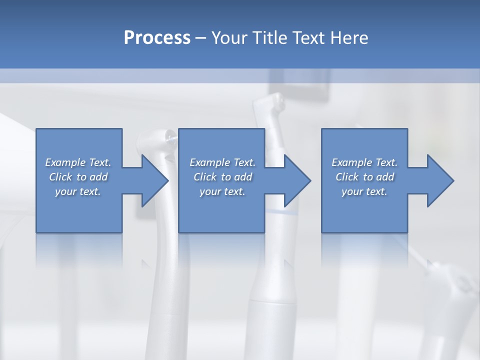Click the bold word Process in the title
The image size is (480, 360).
[157, 38]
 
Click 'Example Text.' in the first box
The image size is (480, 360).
[78, 162]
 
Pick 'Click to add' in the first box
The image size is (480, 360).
[78, 177]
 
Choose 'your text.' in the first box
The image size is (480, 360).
[78, 191]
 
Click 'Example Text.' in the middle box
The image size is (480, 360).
[222, 162]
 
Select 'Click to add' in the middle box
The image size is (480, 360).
[222, 177]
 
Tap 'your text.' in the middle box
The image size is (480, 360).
[222, 191]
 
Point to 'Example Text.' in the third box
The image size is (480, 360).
[364, 162]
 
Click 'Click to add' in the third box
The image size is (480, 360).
[364, 177]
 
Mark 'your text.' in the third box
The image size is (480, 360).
[364, 191]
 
